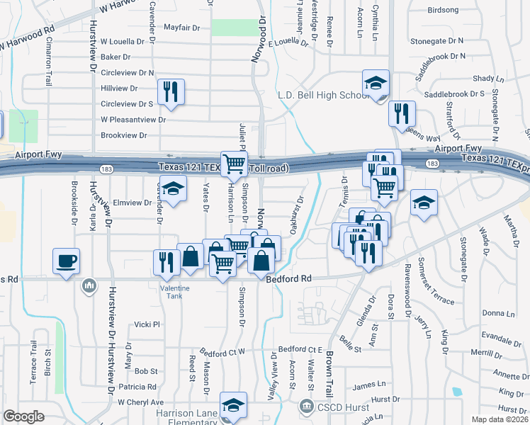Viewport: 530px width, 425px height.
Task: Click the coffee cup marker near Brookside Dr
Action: [67, 261]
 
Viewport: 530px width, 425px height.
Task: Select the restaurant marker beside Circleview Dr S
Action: [171, 93]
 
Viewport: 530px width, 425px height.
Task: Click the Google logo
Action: [23, 416]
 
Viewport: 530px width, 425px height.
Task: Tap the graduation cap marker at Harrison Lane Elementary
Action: [233, 406]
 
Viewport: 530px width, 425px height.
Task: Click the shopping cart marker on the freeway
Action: [233, 164]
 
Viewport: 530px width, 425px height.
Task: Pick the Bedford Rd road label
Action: [289, 279]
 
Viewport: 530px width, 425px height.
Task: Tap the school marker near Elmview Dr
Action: [171, 190]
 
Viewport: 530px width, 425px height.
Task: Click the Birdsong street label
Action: [444, 11]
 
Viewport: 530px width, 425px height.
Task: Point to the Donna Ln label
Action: [498, 313]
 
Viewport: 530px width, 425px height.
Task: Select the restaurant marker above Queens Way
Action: [402, 113]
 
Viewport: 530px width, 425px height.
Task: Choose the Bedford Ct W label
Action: [221, 351]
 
